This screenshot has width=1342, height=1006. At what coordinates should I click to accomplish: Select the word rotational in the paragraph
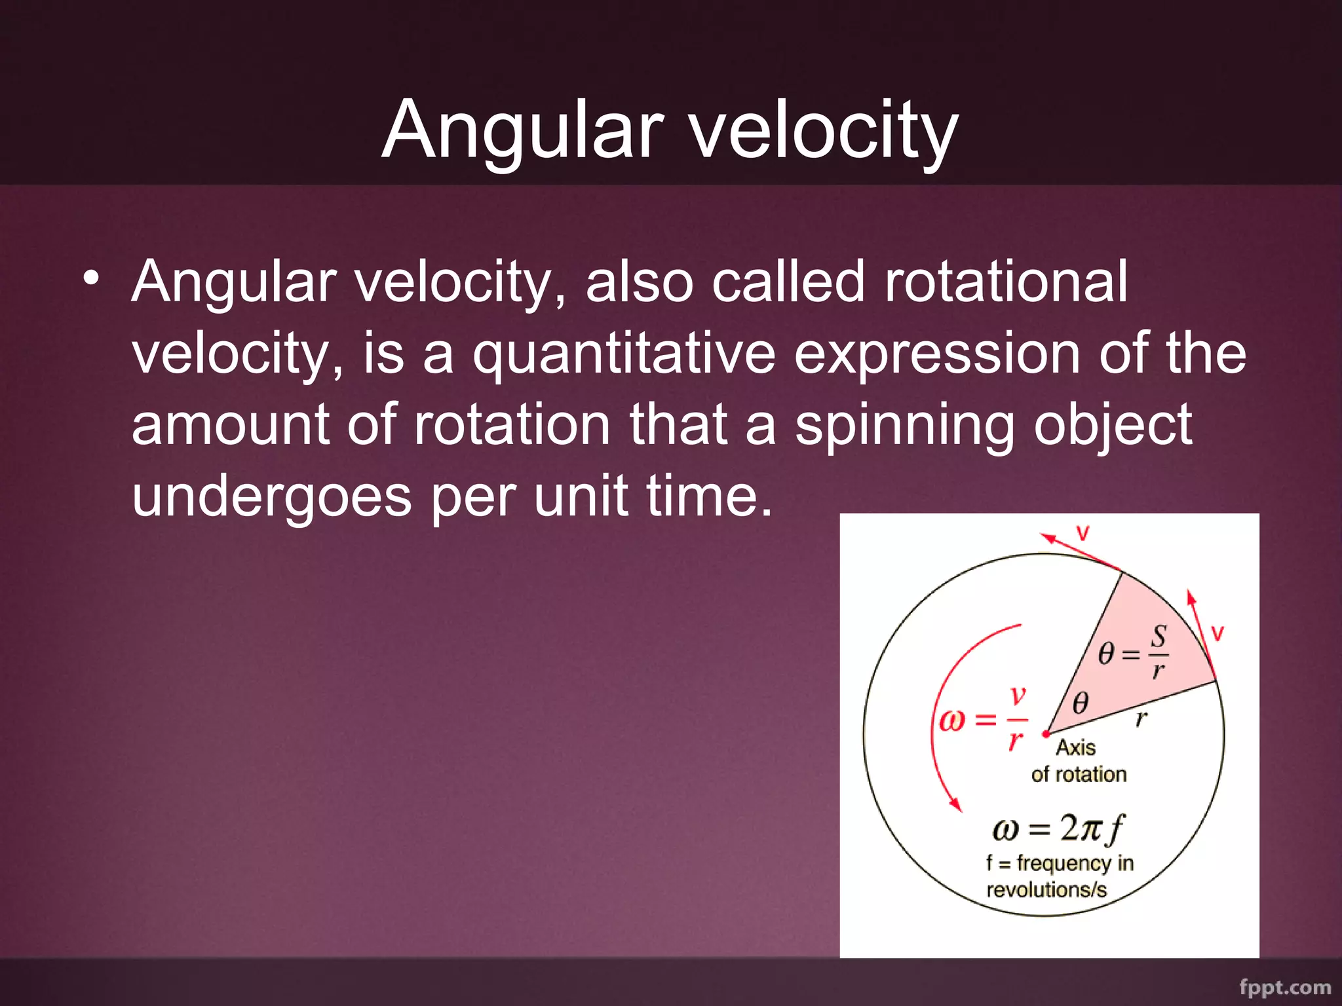point(1006,282)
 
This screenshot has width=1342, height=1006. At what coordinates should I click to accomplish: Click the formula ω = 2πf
point(1058,829)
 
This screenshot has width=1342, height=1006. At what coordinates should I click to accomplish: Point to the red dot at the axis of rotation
point(1046,734)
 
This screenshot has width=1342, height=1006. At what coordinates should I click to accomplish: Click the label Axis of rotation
point(1078,761)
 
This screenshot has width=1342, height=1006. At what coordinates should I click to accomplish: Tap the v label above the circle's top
point(1083,533)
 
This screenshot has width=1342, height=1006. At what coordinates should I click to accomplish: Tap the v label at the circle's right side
point(1217,633)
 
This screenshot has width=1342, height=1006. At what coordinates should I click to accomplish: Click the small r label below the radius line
point(1141,719)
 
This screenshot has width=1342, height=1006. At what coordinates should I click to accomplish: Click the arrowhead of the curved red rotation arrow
point(956,804)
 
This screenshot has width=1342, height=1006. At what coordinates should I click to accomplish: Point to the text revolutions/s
point(1046,890)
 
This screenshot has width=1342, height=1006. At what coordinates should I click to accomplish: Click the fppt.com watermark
point(1285,987)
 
